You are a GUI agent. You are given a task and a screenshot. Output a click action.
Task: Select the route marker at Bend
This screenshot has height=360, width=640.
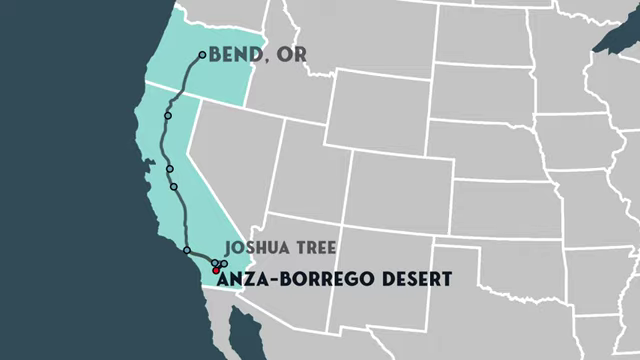point(203,55)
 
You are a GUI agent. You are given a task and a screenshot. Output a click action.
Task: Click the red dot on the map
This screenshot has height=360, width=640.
point(216,270)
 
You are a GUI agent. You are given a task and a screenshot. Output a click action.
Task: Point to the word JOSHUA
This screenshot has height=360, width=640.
point(254,247)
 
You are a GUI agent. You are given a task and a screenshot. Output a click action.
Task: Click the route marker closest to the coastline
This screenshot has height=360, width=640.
point(187,250)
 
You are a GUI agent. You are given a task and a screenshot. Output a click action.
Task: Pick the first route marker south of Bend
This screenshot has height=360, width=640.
point(168,116)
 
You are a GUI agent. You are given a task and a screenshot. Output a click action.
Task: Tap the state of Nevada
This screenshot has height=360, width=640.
point(235,160)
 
